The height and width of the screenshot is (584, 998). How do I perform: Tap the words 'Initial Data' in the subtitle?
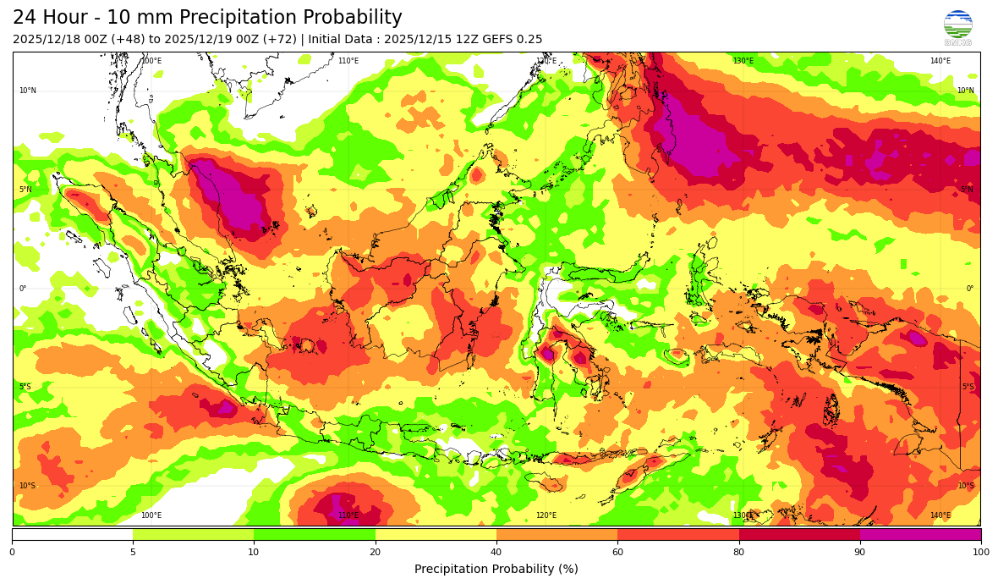(341, 40)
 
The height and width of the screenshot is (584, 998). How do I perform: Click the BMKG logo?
(957, 27)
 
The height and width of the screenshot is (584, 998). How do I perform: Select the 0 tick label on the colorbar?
(12, 553)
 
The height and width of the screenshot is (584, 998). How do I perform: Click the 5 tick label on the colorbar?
(133, 553)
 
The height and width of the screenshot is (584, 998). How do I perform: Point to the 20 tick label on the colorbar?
(375, 553)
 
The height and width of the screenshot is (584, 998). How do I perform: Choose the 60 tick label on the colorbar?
(617, 553)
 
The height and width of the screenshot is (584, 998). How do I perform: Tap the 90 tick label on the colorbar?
(860, 553)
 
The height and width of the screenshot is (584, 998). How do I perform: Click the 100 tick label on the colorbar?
(980, 553)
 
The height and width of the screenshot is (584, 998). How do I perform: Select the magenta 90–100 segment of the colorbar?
(920, 534)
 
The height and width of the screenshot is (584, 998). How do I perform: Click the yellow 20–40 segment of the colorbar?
(436, 534)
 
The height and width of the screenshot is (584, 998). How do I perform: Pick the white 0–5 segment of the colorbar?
(73, 534)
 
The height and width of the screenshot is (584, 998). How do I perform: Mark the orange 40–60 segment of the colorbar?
(557, 534)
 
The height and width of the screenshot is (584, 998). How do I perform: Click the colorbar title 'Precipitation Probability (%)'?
(496, 569)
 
